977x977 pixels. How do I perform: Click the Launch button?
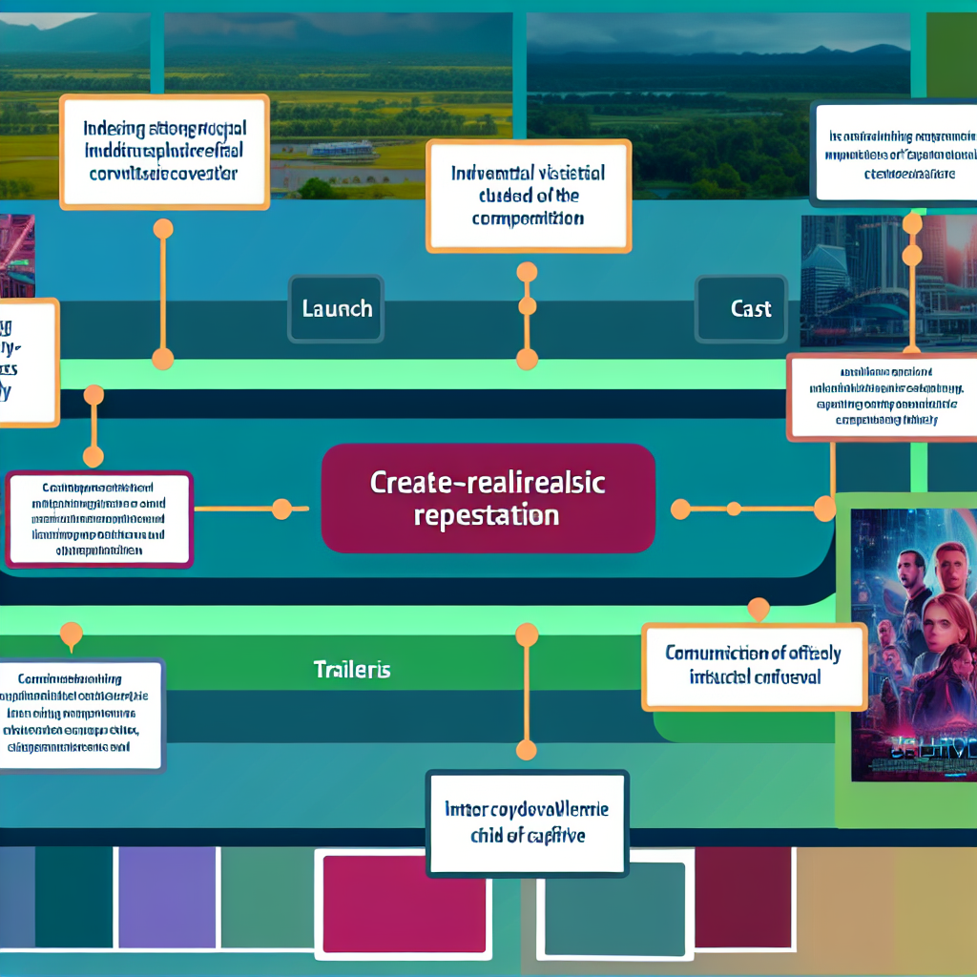pos(336,309)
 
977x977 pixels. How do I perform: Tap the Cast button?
pos(741,309)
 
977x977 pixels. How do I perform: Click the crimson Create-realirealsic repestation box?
pos(488,498)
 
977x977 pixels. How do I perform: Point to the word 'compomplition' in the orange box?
pos(528,218)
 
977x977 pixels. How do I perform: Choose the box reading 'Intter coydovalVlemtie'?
pos(528,822)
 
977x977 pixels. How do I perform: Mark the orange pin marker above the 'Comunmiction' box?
pos(759,608)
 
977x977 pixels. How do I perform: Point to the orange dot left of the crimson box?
pos(281,509)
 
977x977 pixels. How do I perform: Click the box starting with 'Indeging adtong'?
pos(163,153)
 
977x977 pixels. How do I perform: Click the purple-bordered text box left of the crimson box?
pos(99,519)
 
